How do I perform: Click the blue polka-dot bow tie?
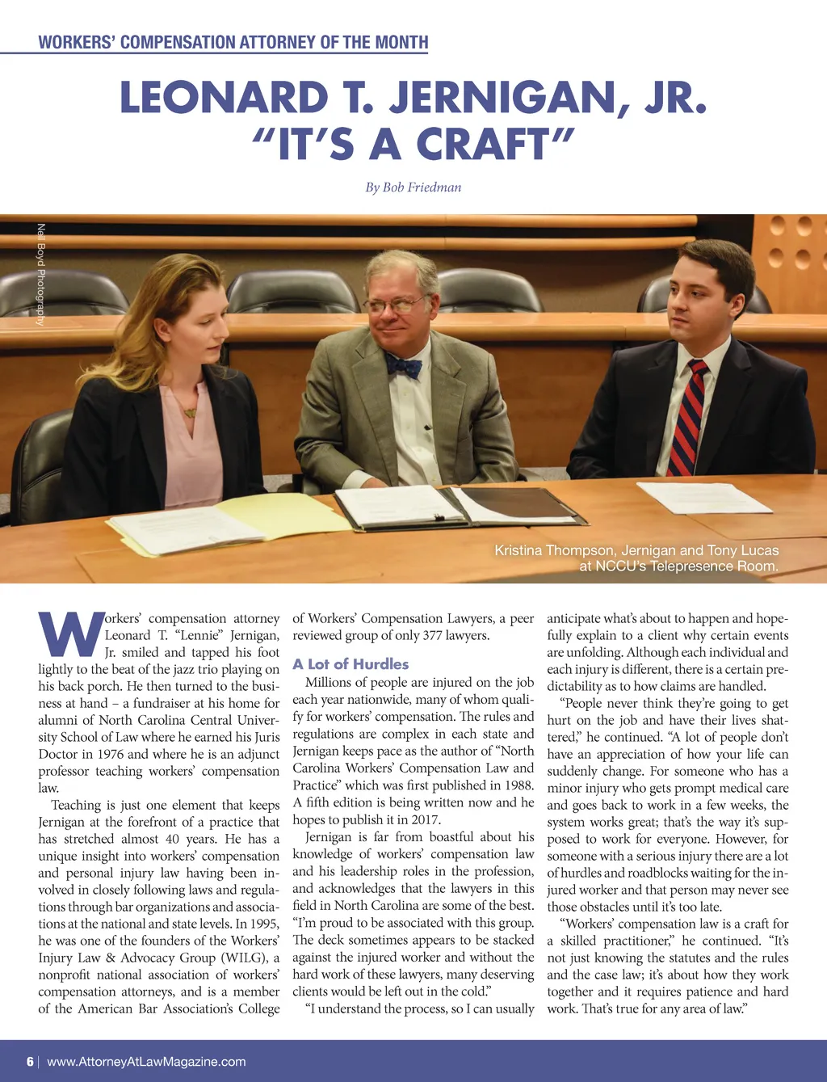click(404, 366)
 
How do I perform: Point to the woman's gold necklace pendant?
click(190, 413)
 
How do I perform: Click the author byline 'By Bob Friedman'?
click(413, 187)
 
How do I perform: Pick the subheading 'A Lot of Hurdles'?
click(351, 664)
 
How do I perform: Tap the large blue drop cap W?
click(71, 634)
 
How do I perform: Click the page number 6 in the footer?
click(30, 1062)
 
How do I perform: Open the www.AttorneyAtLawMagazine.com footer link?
click(146, 1062)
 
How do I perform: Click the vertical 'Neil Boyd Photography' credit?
click(41, 274)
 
